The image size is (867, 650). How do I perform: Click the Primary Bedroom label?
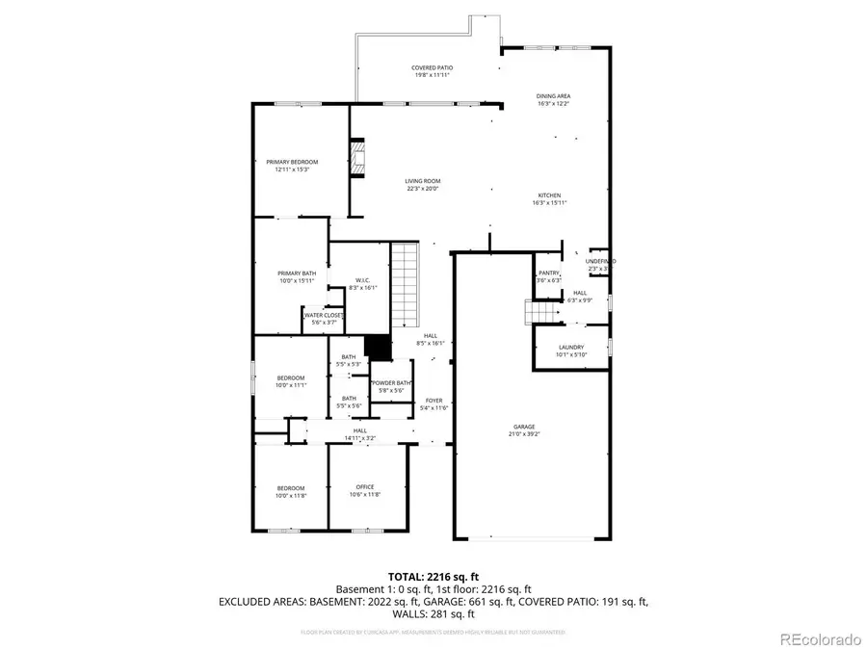pyautogui.click(x=292, y=162)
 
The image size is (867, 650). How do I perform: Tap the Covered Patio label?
pyautogui.click(x=433, y=67)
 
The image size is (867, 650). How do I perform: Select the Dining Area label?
pyautogui.click(x=554, y=96)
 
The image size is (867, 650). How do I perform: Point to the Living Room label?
pyautogui.click(x=422, y=181)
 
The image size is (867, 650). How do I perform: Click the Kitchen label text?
pyautogui.click(x=549, y=195)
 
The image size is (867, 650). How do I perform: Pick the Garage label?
pyautogui.click(x=524, y=427)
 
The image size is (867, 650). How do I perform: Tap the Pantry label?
pyautogui.click(x=549, y=273)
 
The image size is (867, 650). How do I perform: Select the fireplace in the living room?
pyautogui.click(x=358, y=160)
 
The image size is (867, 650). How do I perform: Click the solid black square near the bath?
pyautogui.click(x=377, y=347)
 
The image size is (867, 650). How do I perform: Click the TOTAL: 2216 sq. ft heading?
pyautogui.click(x=433, y=574)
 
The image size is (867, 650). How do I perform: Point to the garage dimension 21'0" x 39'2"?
pyautogui.click(x=524, y=433)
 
